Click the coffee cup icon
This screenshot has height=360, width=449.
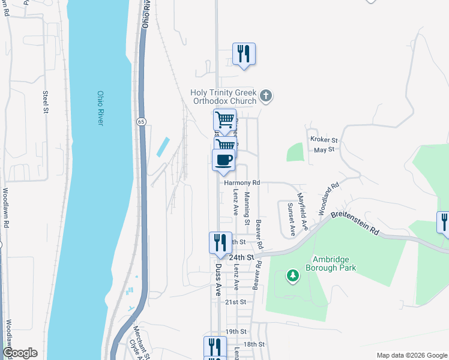tap(224, 160)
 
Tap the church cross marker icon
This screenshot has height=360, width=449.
tap(266, 95)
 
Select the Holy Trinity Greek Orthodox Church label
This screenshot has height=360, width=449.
tap(223, 97)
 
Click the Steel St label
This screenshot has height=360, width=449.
tap(45, 101)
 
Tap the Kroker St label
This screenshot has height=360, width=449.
tap(324, 140)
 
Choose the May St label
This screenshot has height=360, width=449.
tap(324, 149)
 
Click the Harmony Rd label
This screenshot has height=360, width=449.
tap(242, 182)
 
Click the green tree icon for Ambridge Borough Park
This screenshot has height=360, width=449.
tap(293, 275)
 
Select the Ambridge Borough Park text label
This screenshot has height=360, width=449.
tap(334, 264)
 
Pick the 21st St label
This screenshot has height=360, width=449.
tap(237, 302)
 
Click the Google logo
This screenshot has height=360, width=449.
tap(20, 353)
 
